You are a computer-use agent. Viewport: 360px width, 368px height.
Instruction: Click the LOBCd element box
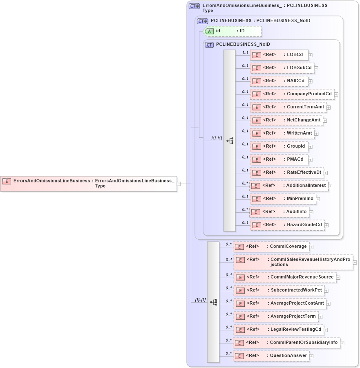(279, 55)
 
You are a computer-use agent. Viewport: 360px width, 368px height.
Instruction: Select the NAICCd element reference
(280, 81)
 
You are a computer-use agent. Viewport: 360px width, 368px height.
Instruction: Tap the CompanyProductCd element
(292, 94)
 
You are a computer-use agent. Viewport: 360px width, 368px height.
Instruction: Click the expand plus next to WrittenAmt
(317, 133)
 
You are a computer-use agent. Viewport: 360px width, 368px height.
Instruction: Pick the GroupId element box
(280, 146)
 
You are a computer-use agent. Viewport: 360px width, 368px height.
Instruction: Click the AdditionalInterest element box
(289, 186)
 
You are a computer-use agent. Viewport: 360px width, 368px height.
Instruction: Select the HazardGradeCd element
(287, 225)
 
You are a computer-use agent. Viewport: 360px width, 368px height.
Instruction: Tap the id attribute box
(233, 31)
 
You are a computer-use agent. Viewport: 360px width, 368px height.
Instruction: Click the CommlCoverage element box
(271, 247)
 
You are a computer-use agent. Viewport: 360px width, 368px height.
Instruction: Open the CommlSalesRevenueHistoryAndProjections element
(293, 262)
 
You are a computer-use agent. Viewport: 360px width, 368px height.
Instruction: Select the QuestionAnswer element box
(271, 356)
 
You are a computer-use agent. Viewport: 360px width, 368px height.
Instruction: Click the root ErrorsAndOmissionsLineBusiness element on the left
(89, 183)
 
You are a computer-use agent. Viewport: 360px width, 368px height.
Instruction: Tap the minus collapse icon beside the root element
(179, 184)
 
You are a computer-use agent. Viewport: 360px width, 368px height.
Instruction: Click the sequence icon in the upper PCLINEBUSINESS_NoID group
(230, 140)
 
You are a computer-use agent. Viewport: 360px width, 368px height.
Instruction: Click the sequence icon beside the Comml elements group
(213, 302)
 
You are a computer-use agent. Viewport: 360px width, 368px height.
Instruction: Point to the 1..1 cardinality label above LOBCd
(245, 52)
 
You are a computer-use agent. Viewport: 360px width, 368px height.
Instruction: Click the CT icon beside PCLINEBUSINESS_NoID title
(209, 45)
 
